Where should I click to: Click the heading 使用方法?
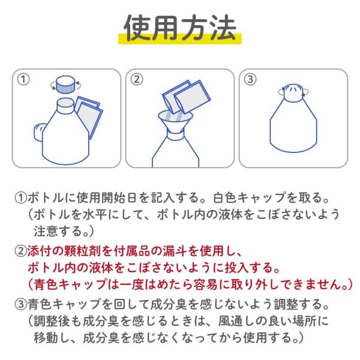180,28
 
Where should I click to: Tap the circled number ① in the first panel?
23,79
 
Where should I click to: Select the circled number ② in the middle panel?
137,79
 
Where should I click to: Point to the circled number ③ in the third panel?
250,79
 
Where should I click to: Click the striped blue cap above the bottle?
66,85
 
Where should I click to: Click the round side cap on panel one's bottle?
40,132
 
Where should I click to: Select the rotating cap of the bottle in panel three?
293,92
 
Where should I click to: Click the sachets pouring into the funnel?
187,97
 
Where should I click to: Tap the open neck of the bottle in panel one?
66,106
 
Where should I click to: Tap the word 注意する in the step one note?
58,231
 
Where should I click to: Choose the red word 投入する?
249,268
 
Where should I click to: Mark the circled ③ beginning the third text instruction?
21,304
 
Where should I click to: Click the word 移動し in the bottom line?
52,338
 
